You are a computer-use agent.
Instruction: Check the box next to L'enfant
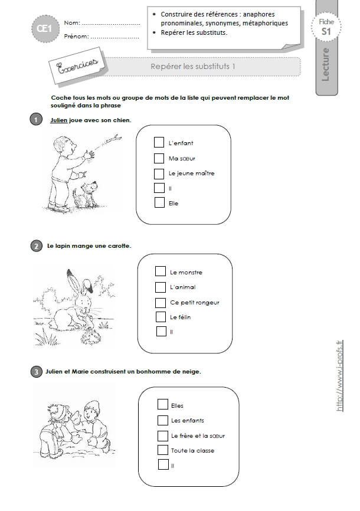point(159,142)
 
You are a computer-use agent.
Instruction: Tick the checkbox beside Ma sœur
point(159,158)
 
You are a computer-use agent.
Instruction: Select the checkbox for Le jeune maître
point(159,173)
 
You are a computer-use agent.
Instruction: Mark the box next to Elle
point(159,202)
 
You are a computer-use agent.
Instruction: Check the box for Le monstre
point(160,271)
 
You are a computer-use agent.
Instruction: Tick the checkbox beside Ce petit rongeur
point(161,303)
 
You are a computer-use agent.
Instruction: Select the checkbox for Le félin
point(161,317)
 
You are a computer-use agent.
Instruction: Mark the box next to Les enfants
point(163,420)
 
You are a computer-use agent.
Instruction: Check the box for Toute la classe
point(163,450)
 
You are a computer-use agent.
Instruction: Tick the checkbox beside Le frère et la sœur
point(163,435)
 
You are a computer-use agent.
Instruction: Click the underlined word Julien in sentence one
point(58,120)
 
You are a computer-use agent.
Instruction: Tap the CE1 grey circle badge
point(45,29)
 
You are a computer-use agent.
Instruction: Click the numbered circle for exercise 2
point(36,246)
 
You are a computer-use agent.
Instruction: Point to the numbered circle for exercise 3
point(36,372)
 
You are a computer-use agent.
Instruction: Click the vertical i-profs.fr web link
point(339,375)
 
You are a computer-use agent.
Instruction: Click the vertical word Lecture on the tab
point(325,64)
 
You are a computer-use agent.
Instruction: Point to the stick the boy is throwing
point(107,142)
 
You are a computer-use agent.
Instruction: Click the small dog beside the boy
point(86,195)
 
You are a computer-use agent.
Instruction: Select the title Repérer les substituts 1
point(193,67)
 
